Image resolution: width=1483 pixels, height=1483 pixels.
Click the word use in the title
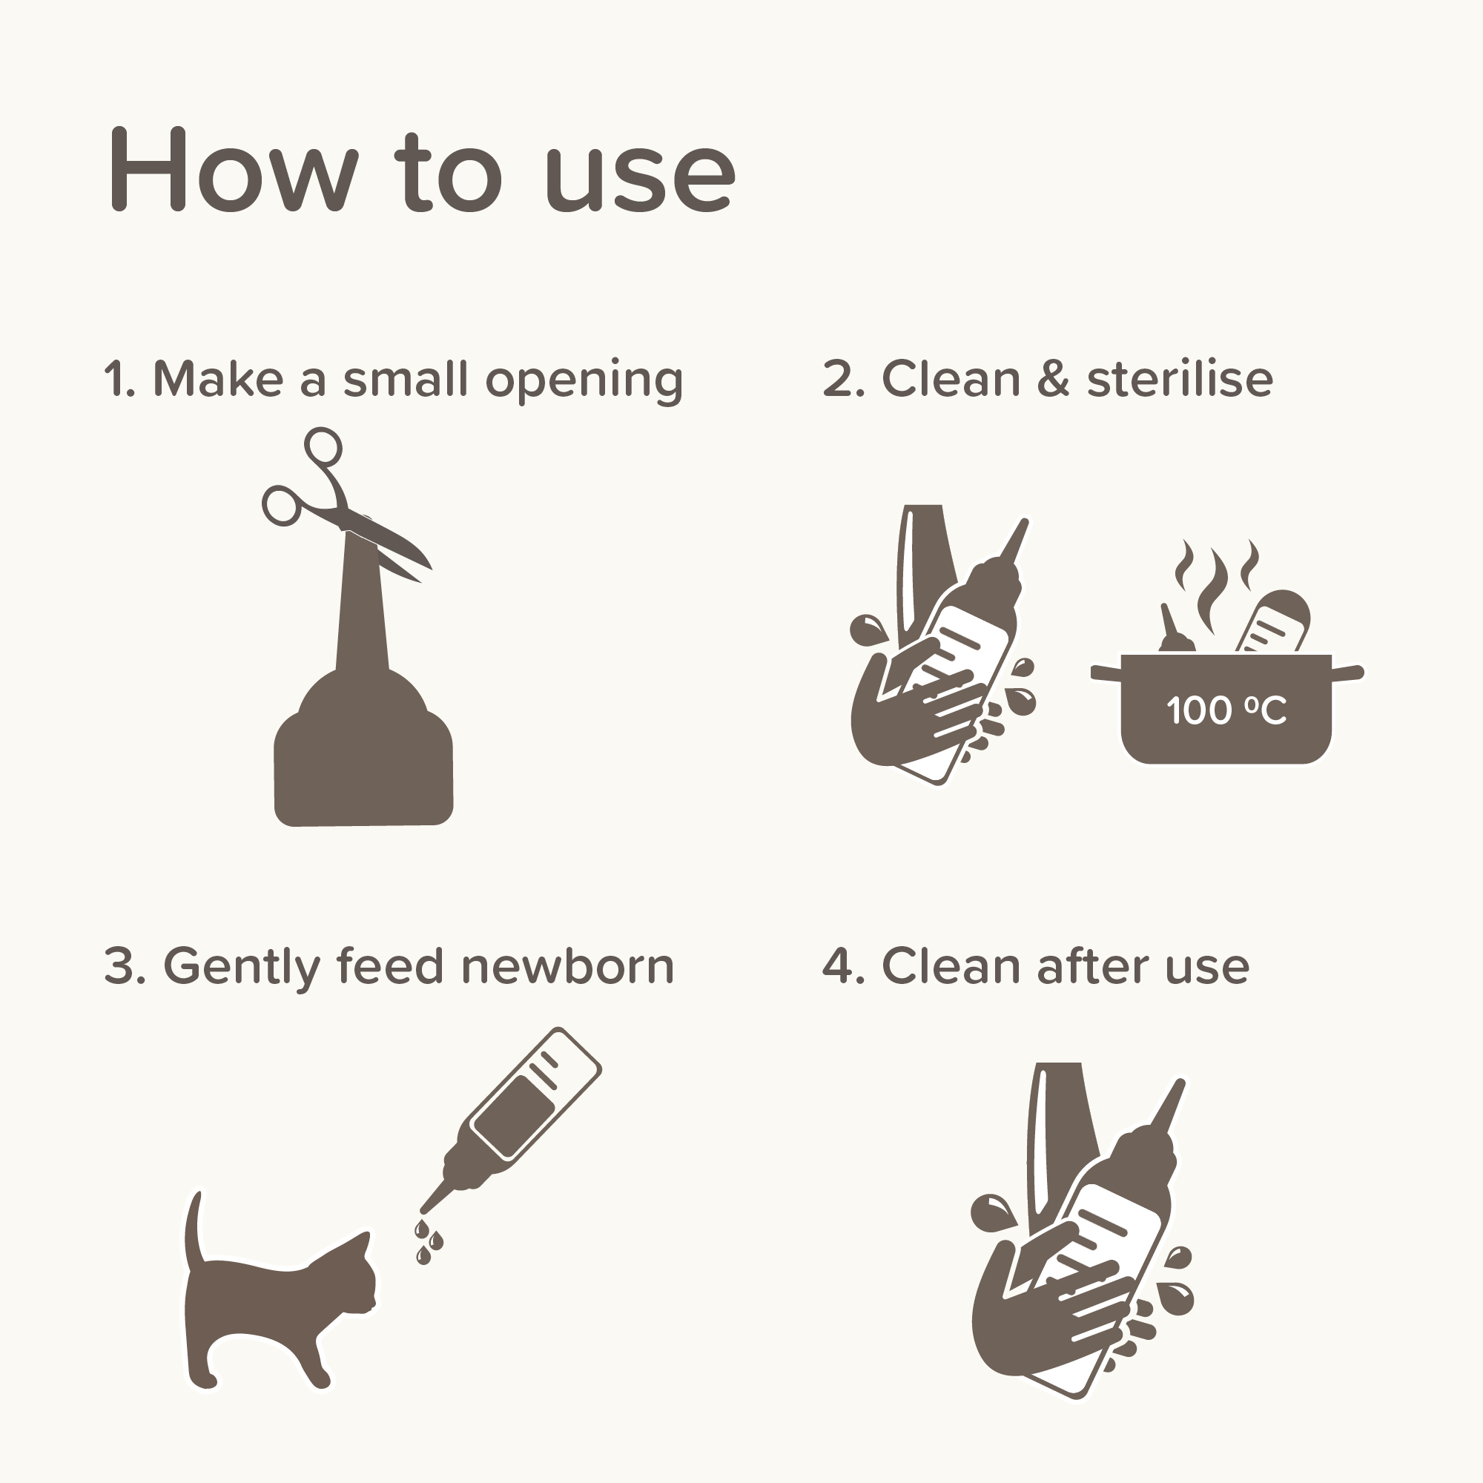pyautogui.click(x=638, y=178)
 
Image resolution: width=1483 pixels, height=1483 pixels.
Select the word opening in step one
pyautogui.click(x=584, y=380)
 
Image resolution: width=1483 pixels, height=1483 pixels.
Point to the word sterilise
pyautogui.click(x=1180, y=379)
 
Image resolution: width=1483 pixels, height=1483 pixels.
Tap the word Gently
pyautogui.click(x=241, y=967)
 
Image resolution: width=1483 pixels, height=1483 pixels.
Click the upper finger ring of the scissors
pyautogui.click(x=323, y=445)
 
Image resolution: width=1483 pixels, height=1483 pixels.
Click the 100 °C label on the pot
pyautogui.click(x=1226, y=710)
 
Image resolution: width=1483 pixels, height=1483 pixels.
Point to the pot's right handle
pyautogui.click(x=1348, y=673)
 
